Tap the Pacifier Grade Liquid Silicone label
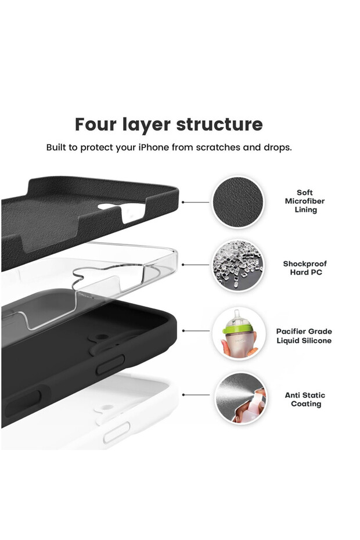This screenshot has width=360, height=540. click(304, 336)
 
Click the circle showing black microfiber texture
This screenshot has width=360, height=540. click(237, 202)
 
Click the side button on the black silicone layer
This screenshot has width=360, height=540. click(110, 365)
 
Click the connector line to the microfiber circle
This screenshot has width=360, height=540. click(196, 202)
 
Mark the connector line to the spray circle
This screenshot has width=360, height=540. click(196, 395)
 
